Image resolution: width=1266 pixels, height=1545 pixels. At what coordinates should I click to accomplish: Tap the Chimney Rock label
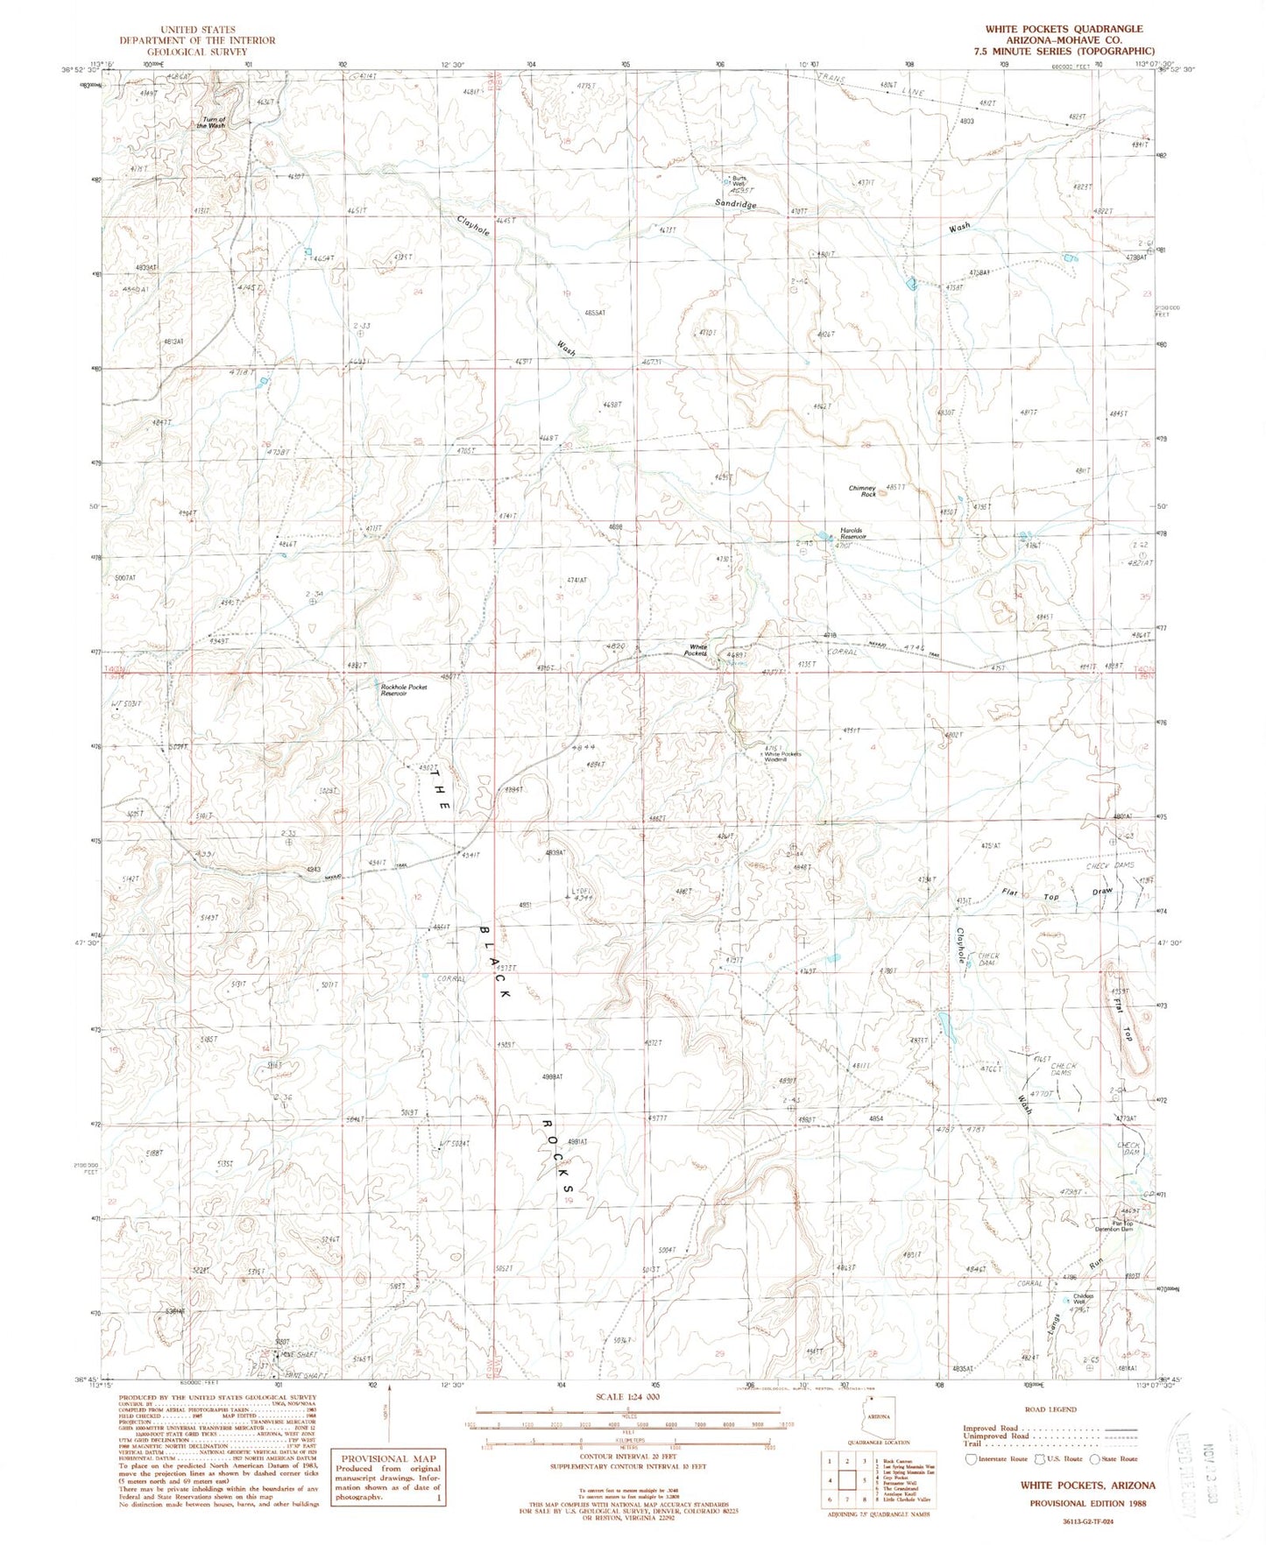pyautogui.click(x=863, y=491)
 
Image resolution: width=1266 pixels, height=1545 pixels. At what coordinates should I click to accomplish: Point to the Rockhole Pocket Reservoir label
pyautogui.click(x=404, y=689)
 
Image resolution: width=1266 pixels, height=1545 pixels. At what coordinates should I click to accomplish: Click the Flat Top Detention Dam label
pyautogui.click(x=1110, y=1227)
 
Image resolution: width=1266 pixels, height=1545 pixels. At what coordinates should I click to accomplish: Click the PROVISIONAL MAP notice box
pyautogui.click(x=387, y=1478)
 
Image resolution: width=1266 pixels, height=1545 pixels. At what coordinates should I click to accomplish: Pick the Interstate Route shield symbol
pyautogui.click(x=969, y=1459)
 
